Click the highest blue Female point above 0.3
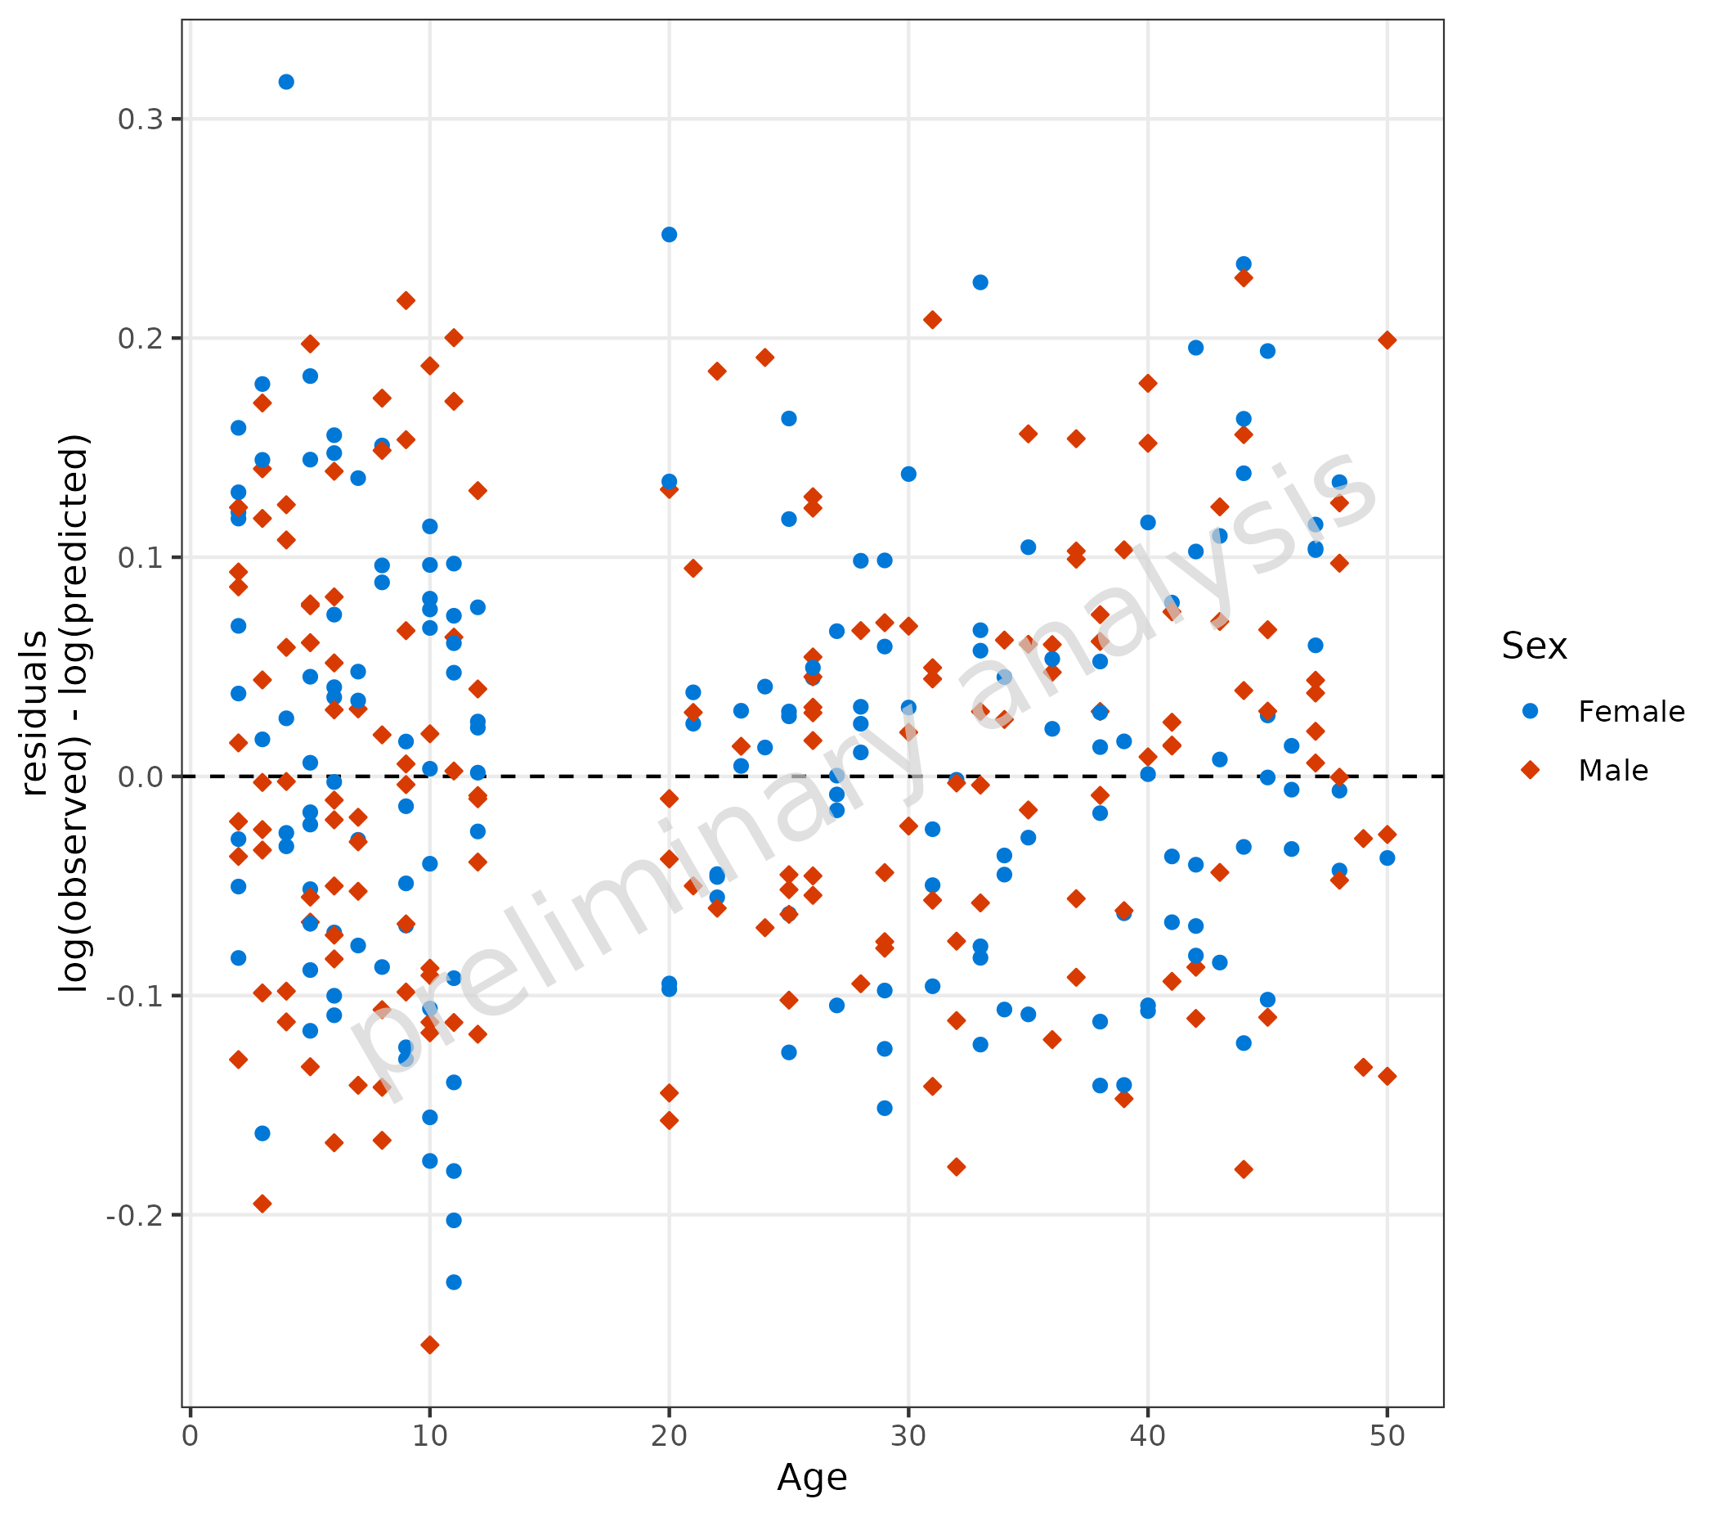(x=286, y=82)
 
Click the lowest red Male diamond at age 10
(x=430, y=1345)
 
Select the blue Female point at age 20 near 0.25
(x=670, y=235)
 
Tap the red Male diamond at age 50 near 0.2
(x=1387, y=340)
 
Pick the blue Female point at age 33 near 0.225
(x=981, y=282)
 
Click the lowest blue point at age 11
(x=454, y=1282)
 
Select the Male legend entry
(x=1613, y=771)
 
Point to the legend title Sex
(x=1535, y=646)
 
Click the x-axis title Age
(x=812, y=1478)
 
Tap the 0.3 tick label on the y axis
(x=141, y=119)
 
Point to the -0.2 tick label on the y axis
(x=134, y=1215)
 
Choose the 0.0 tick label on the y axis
(x=141, y=777)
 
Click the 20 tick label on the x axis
(x=670, y=1436)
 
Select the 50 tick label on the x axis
(x=1387, y=1436)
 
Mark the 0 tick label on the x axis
(x=191, y=1436)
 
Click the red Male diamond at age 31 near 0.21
(x=932, y=320)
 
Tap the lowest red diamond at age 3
(x=262, y=1204)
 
